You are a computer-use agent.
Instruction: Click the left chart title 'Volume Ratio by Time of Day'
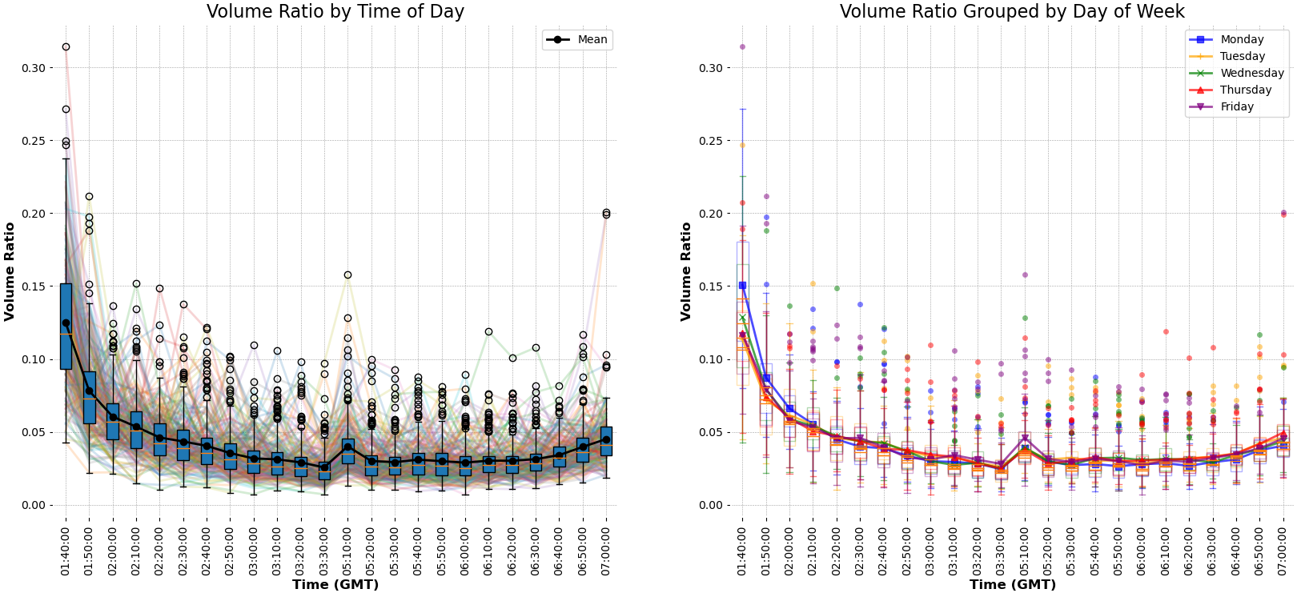(x=335, y=11)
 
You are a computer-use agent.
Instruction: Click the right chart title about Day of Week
(x=1011, y=11)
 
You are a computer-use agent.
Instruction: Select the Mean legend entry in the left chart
(x=577, y=39)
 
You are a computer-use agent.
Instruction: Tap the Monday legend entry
(x=1241, y=39)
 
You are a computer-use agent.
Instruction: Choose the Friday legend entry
(x=1236, y=106)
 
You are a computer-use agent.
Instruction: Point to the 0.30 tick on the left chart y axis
(x=34, y=68)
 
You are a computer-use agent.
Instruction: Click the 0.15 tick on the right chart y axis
(x=710, y=286)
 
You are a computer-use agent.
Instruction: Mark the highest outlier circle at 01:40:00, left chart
(x=66, y=47)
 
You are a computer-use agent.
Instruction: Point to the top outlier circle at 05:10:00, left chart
(x=347, y=275)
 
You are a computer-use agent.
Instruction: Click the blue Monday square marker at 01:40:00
(x=742, y=286)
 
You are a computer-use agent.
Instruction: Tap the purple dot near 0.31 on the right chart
(x=742, y=47)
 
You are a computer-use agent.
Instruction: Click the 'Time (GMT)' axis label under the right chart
(x=1012, y=584)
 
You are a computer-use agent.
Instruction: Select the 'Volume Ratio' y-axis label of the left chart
(x=10, y=272)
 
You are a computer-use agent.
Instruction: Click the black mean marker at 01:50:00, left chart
(x=89, y=391)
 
